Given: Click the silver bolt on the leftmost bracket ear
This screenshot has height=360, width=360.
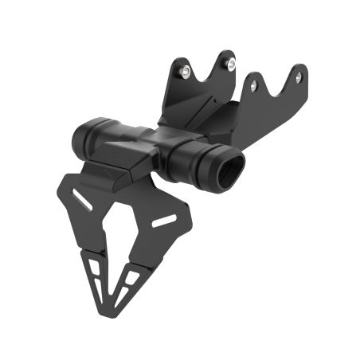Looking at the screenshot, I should click(x=186, y=72).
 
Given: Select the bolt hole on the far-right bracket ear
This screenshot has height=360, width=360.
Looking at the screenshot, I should click(x=298, y=77).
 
